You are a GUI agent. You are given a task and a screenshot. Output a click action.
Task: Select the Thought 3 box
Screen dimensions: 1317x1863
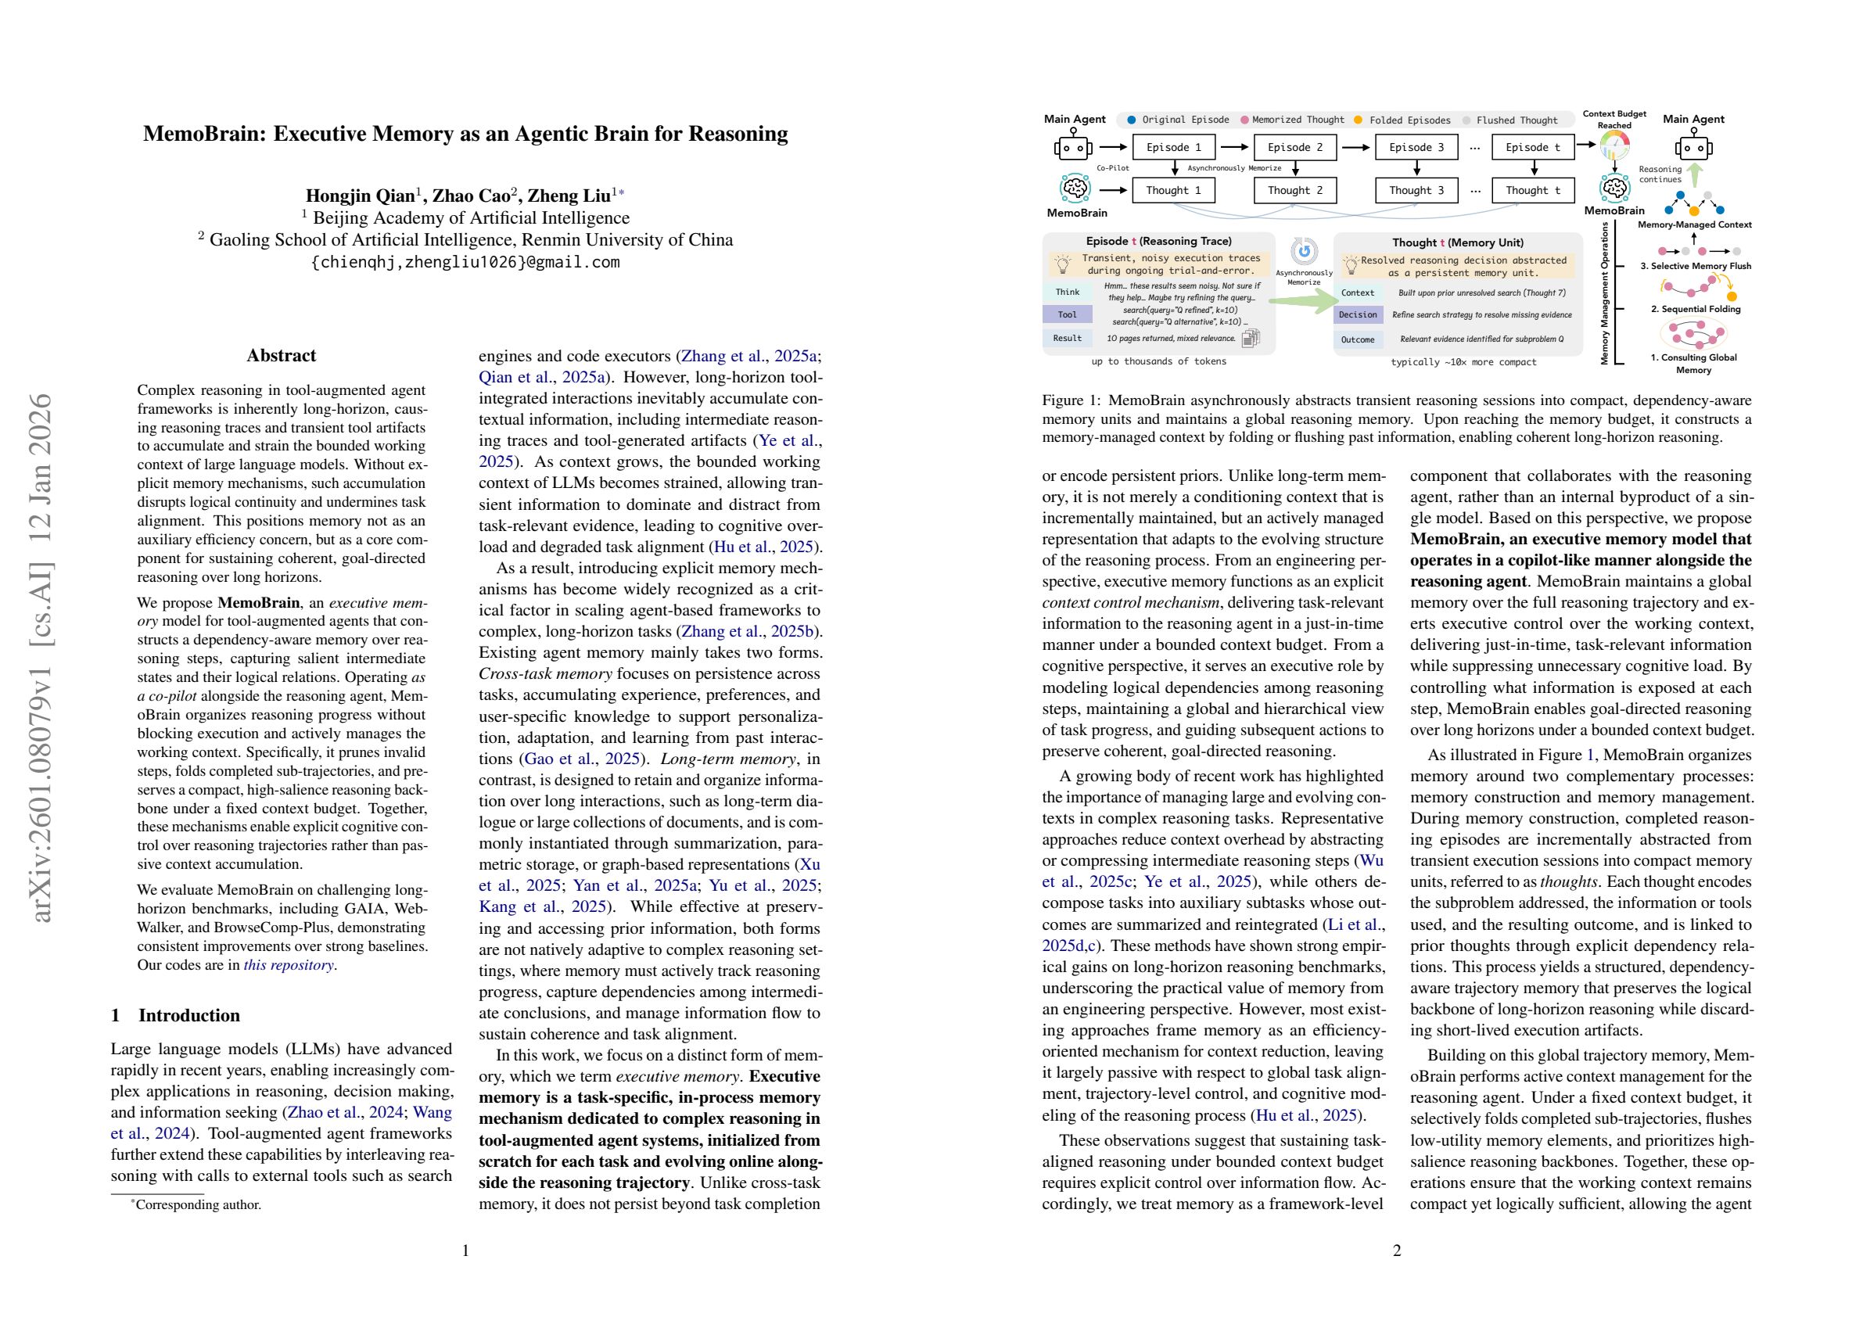pos(1416,190)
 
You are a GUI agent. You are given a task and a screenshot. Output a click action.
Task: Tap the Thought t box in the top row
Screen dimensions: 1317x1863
pos(1533,190)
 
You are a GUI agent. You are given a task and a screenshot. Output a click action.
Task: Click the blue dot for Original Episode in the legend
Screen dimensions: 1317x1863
pos(1132,120)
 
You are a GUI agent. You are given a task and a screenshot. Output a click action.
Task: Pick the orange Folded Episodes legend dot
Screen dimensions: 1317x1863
pos(1359,120)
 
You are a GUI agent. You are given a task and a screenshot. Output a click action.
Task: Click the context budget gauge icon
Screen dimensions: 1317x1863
pos(1615,146)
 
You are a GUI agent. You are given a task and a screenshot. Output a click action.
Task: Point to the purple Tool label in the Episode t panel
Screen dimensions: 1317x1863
pos(1067,314)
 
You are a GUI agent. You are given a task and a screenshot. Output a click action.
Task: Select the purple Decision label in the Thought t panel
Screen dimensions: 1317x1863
pos(1358,315)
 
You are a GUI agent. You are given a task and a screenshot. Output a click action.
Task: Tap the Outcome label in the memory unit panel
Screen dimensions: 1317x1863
pos(1358,339)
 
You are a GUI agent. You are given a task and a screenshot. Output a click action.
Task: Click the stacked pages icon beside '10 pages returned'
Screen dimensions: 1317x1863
pos(1251,338)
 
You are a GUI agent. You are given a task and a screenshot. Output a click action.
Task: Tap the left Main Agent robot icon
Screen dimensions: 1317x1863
pos(1074,148)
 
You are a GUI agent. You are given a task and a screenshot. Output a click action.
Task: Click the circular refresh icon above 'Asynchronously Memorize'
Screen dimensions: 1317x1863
pos(1304,252)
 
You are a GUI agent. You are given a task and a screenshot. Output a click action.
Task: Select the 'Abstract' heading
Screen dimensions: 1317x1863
pos(281,355)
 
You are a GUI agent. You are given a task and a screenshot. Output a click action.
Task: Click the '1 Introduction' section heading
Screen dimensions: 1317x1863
pos(175,1015)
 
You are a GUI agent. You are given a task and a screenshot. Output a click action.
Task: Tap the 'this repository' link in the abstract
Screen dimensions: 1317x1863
pos(289,965)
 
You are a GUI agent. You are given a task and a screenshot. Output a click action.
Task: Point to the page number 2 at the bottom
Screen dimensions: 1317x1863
pos(1396,1251)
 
